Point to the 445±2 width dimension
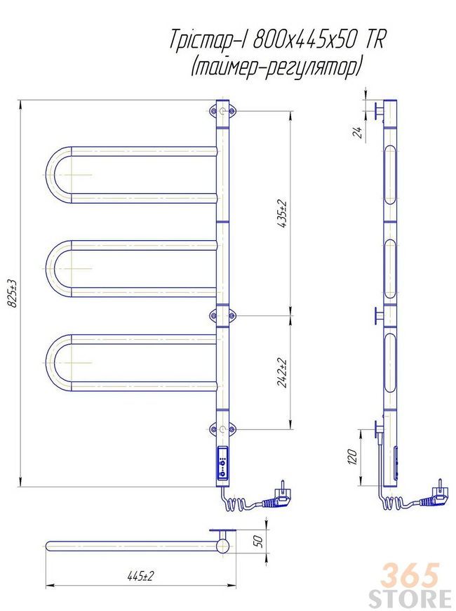tap(140, 576)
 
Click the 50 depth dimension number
tap(258, 541)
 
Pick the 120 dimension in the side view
tap(352, 456)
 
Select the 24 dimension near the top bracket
tap(358, 133)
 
